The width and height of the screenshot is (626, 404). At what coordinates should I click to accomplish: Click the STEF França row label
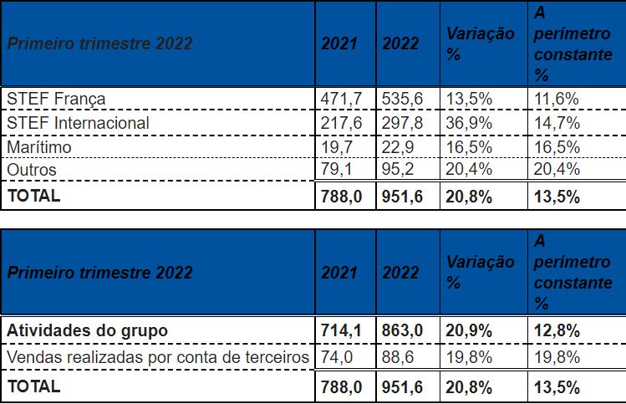pyautogui.click(x=56, y=99)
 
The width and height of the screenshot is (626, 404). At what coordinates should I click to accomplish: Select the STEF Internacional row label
pyautogui.click(x=78, y=123)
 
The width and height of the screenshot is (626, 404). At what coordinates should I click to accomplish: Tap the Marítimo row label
pyautogui.click(x=38, y=147)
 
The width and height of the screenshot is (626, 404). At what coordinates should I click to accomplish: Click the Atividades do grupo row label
pyautogui.click(x=88, y=330)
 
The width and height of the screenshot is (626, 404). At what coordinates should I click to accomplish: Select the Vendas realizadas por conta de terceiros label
pyautogui.click(x=158, y=358)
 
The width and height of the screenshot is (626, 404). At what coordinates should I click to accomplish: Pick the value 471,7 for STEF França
pyautogui.click(x=341, y=99)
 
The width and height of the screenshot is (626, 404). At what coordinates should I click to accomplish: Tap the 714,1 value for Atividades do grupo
pyautogui.click(x=341, y=330)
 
